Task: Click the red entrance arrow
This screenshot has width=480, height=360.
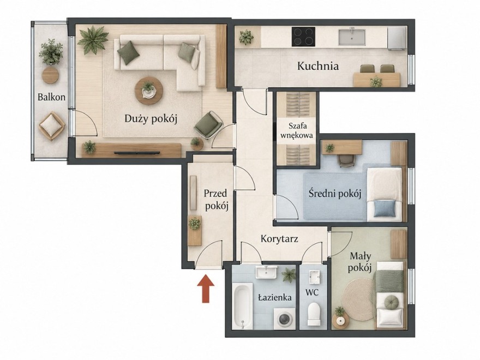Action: (x=206, y=289)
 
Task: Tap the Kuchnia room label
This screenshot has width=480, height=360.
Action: (x=318, y=66)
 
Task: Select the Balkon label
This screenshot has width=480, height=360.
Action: (x=51, y=97)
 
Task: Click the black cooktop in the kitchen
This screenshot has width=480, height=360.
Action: (x=303, y=37)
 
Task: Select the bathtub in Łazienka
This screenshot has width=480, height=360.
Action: (x=243, y=306)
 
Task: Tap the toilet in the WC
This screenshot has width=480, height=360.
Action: (x=314, y=314)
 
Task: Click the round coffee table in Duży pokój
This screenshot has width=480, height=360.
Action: (x=149, y=91)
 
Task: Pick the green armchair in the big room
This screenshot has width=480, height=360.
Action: (x=208, y=125)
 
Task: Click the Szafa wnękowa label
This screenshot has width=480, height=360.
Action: (x=297, y=130)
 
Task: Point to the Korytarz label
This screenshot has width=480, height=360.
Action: (x=279, y=239)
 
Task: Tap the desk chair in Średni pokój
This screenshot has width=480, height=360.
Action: (x=346, y=161)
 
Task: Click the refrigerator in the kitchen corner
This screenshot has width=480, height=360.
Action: (x=397, y=38)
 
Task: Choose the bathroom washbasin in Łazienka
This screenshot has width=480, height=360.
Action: (x=266, y=272)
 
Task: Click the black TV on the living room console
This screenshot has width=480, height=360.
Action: (x=137, y=152)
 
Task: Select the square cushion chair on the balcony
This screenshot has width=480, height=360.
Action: (x=51, y=126)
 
